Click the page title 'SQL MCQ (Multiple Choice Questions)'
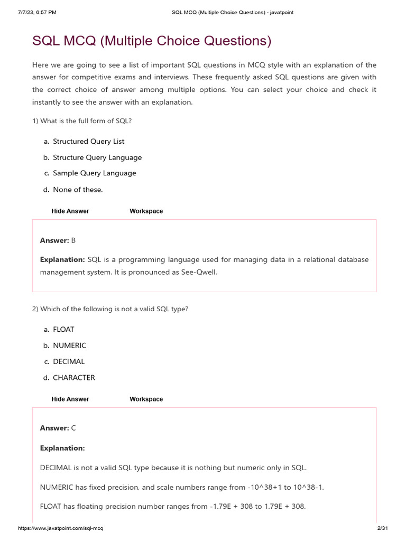(x=152, y=41)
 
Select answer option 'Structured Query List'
(x=88, y=142)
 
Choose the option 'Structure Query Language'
(x=97, y=157)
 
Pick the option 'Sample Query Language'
(x=94, y=173)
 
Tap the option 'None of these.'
(x=78, y=190)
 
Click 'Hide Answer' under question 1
(x=70, y=211)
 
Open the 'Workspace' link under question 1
(x=146, y=211)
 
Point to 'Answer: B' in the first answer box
(x=58, y=240)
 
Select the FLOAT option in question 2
(x=63, y=329)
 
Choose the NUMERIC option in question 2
(x=69, y=346)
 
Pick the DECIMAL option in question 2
(x=69, y=362)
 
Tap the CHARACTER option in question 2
(x=74, y=378)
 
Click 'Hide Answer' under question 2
(x=70, y=399)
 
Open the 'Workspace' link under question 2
(x=146, y=399)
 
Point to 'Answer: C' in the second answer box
(x=58, y=428)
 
